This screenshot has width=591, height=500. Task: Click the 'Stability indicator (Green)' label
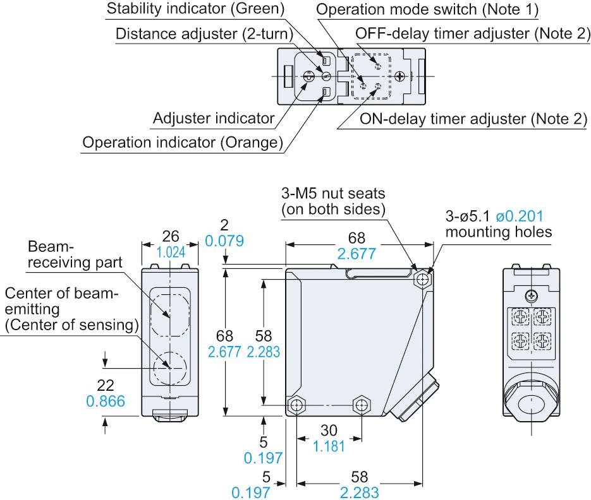point(195,9)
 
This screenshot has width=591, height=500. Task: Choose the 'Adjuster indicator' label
point(214,118)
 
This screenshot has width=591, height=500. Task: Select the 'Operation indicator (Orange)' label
point(183,143)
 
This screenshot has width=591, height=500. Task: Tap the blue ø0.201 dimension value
point(520,216)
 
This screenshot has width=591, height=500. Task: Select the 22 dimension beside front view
point(110,385)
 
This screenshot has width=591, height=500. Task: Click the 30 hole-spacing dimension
point(329,430)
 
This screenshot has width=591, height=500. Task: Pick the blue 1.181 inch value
point(329,446)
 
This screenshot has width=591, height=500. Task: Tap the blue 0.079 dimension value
point(224,241)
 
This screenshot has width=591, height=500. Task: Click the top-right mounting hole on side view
point(423,279)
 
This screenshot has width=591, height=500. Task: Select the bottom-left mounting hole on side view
point(295,405)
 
